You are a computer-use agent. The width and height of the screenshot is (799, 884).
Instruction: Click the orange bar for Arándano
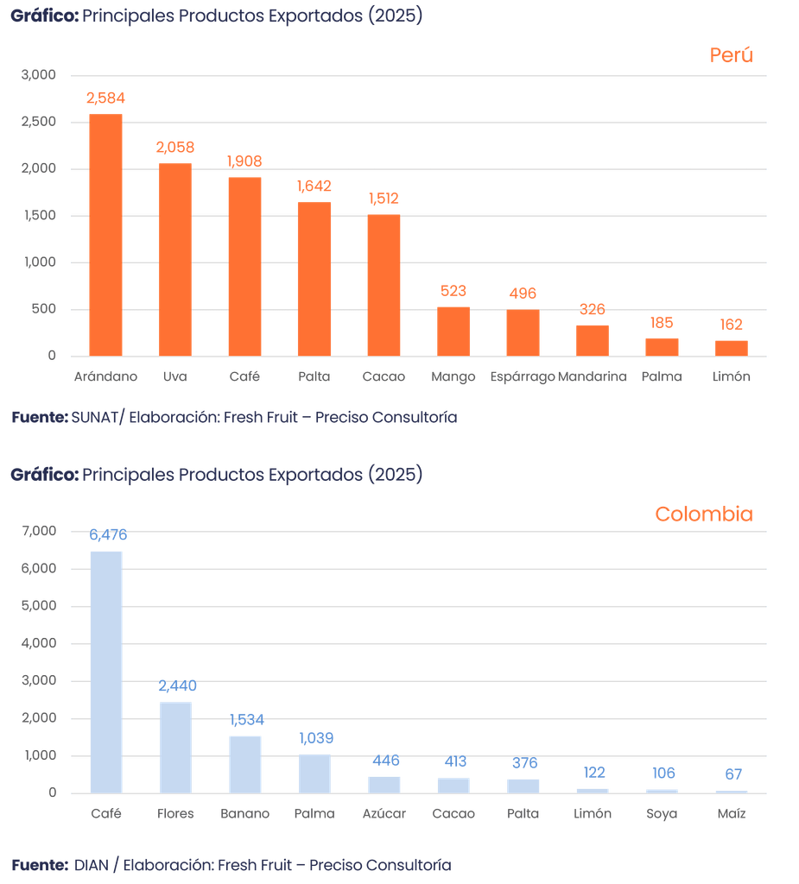pos(106,234)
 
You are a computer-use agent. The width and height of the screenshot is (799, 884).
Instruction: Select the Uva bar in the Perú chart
pos(175,258)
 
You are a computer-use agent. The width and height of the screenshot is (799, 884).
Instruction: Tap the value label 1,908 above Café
pos(244,161)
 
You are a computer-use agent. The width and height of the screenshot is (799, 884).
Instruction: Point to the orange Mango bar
pos(453,331)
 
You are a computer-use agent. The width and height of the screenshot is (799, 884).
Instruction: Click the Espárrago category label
pos(522,377)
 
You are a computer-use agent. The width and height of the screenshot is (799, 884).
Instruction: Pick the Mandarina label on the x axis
pos(593,377)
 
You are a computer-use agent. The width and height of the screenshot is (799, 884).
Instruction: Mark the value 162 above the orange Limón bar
pos(731,325)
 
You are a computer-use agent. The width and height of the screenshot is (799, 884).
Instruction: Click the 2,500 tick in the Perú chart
pos(40,122)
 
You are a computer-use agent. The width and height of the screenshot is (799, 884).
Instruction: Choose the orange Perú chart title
pos(731,55)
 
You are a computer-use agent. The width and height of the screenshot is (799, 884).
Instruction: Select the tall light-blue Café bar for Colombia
pos(106,671)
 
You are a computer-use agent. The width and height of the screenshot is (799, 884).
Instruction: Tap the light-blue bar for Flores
pos(175,746)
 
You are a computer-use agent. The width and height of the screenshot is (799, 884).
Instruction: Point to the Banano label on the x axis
pos(244,814)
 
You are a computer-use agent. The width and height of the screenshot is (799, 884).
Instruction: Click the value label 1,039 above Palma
pos(315,739)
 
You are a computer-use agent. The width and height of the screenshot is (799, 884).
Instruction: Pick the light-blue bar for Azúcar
pos(384,784)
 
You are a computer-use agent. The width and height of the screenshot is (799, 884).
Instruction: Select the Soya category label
pos(663,814)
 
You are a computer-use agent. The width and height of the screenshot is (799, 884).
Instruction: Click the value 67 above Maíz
pos(732,774)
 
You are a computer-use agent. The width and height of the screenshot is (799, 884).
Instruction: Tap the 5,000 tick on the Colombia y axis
pos(40,606)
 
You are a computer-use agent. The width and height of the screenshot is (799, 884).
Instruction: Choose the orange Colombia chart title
pos(703,515)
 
